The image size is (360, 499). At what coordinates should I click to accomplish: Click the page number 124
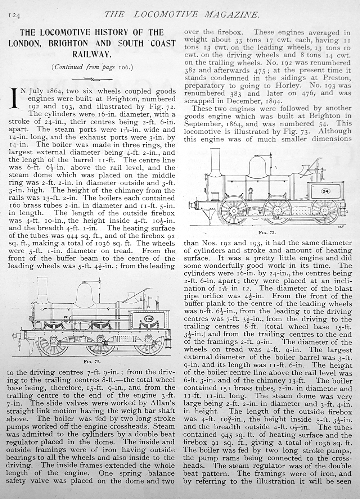pyautogui.click(x=14, y=15)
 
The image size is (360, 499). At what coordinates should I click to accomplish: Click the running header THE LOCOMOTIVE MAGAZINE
pyautogui.click(x=181, y=14)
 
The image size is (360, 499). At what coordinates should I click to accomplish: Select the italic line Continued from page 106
pyautogui.click(x=92, y=67)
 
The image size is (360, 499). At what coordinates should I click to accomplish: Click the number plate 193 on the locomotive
pyautogui.click(x=148, y=319)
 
